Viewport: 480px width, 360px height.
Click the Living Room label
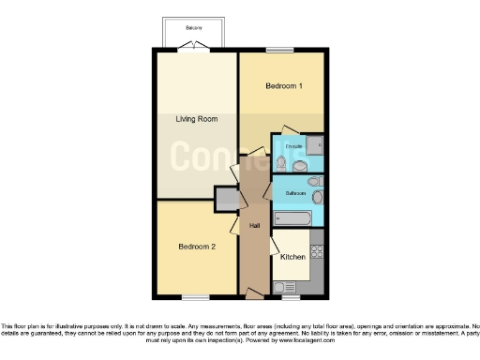(196, 119)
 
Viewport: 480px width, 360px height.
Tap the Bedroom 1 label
(283, 86)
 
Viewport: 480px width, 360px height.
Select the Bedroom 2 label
(198, 247)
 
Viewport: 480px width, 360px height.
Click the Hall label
(254, 226)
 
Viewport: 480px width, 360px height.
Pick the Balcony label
(194, 28)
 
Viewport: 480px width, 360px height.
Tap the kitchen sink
(316, 275)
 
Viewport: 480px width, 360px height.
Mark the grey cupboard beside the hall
(226, 199)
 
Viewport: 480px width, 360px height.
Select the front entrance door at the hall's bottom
(254, 294)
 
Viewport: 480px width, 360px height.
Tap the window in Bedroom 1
(278, 50)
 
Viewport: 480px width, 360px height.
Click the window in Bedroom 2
(196, 298)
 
